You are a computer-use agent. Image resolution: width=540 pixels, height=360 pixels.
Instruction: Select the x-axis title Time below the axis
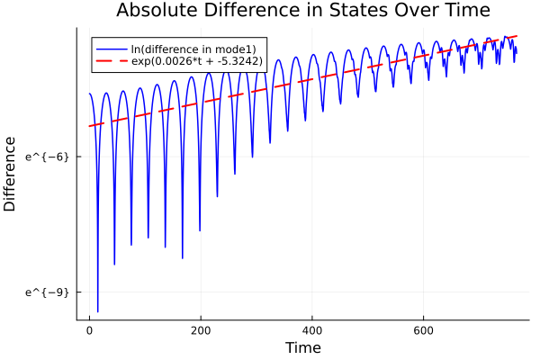302,347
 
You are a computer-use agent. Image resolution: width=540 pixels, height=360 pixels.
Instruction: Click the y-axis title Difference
11,174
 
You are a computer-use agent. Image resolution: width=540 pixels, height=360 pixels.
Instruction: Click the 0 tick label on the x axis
89,330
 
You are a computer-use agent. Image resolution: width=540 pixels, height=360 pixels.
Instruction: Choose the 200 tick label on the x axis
201,330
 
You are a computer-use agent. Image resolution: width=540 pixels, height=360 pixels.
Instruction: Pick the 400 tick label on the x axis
312,330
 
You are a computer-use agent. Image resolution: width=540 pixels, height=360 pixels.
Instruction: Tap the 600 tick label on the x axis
424,330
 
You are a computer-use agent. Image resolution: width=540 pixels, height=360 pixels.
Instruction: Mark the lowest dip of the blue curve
97,311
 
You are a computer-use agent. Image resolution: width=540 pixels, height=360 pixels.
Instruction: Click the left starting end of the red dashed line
89,126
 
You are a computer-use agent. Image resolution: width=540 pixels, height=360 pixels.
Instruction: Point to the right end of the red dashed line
517,36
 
